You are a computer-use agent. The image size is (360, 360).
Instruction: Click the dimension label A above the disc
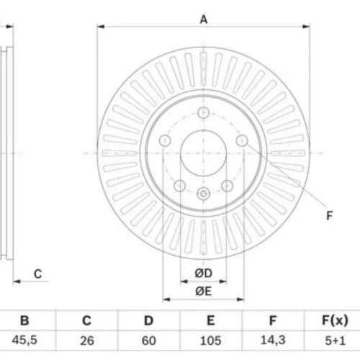[x=204, y=19]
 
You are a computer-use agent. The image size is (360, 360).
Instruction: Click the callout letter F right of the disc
[x=330, y=215]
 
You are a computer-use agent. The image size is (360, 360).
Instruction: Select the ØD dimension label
[x=204, y=273]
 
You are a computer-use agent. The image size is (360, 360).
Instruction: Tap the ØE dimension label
[x=204, y=291]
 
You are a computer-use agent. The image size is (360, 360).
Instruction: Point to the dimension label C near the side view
[x=38, y=274]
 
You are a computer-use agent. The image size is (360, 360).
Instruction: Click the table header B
[x=24, y=320]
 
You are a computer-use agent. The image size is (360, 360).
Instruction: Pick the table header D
[x=148, y=320]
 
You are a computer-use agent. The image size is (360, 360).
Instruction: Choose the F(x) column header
[x=335, y=320]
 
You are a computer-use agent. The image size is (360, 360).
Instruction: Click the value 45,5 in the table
[x=24, y=340]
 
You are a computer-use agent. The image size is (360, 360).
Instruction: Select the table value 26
[x=87, y=341]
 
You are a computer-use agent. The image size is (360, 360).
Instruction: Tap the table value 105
[x=210, y=341]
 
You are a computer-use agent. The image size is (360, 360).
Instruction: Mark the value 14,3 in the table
[x=273, y=340]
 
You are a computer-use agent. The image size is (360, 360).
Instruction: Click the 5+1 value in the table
[x=335, y=341]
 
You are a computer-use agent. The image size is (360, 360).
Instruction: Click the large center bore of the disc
[x=203, y=153]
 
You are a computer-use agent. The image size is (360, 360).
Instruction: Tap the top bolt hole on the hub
[x=203, y=112]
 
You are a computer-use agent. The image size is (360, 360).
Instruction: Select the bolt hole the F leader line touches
[x=242, y=140]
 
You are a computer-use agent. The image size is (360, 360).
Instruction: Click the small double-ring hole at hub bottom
[x=203, y=194]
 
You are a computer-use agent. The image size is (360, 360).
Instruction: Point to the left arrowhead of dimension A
[x=101, y=27]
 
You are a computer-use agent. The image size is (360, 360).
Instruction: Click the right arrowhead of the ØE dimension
[x=240, y=300]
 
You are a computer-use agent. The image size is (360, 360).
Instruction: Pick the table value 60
[x=148, y=341]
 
